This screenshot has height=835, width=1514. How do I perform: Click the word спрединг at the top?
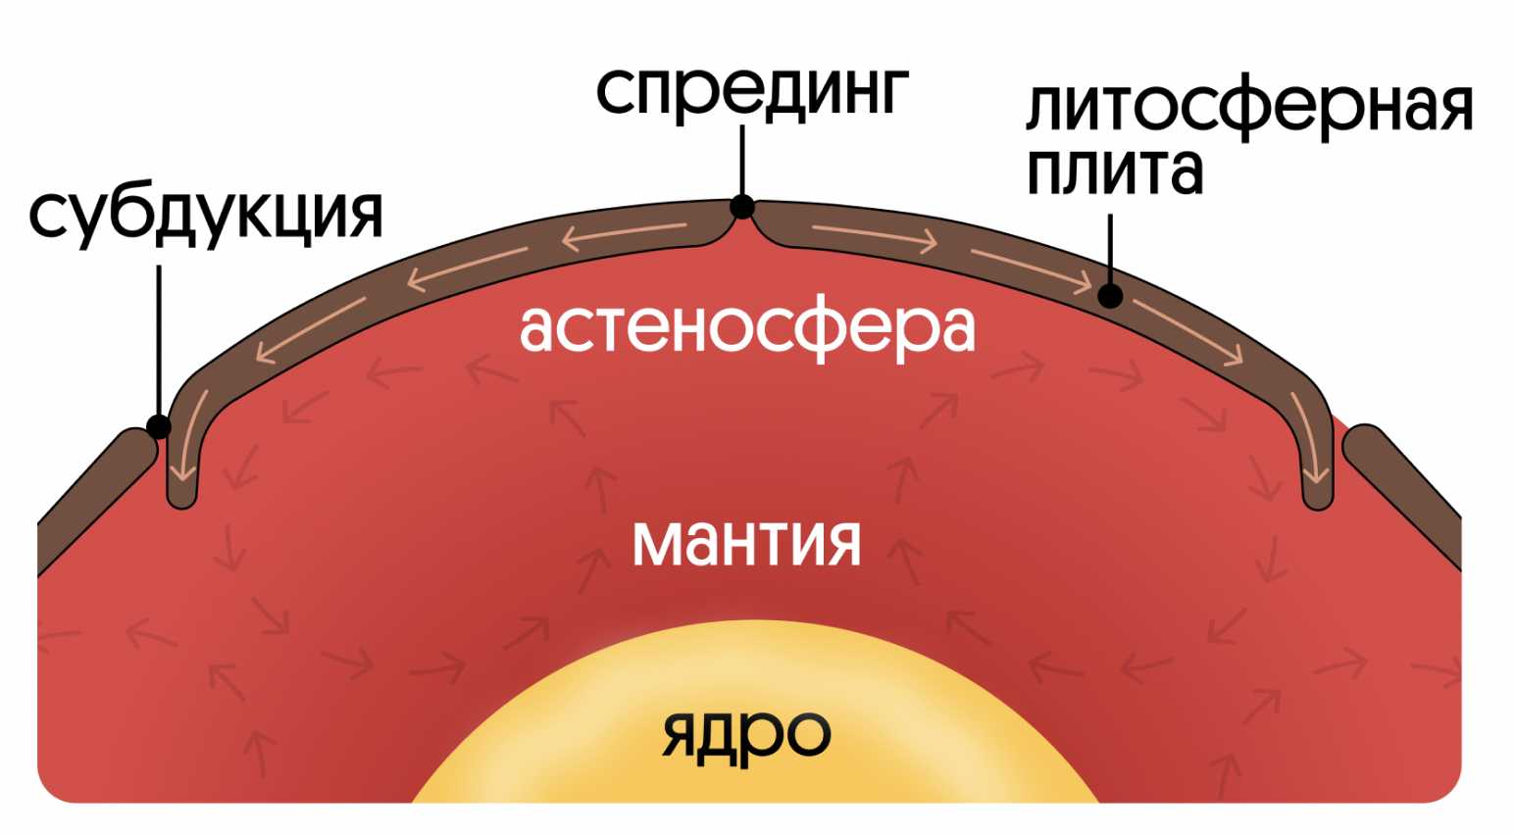[x=752, y=91]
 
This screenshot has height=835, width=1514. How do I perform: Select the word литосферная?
[x=1248, y=108]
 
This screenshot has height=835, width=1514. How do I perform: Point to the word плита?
[x=1114, y=171]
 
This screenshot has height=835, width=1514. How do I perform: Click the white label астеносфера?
[x=747, y=327]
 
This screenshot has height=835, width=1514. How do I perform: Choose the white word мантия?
[x=746, y=542]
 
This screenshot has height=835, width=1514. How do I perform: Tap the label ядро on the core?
[x=746, y=733]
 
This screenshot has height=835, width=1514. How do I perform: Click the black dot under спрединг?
[x=742, y=207]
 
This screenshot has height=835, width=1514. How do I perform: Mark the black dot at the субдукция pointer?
[x=158, y=426]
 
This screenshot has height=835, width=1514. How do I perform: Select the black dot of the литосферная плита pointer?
[x=1110, y=295]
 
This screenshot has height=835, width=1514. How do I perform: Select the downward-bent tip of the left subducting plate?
[x=181, y=485]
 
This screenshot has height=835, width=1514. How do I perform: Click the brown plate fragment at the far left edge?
[x=93, y=500]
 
